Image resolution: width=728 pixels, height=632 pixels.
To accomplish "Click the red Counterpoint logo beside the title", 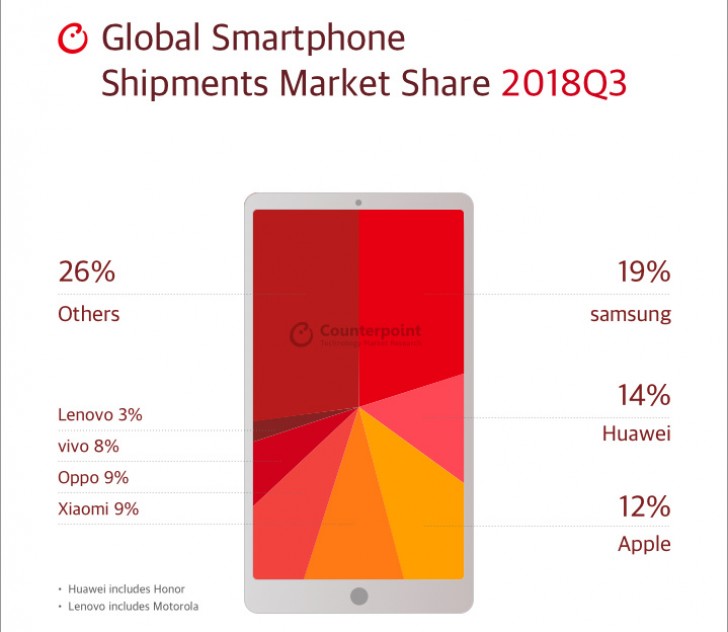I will click(75, 39).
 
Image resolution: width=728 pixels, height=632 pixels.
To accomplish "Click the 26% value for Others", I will click(87, 271).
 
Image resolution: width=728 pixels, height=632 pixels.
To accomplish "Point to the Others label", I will click(88, 314).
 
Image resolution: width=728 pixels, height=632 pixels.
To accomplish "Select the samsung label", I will click(630, 315).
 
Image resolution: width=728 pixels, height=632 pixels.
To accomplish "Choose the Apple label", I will click(643, 544).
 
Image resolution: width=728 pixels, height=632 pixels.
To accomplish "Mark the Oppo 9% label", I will click(93, 478).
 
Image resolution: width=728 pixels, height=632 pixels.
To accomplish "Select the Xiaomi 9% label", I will click(98, 509).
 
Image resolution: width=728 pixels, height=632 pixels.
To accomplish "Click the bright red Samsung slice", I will click(410, 300).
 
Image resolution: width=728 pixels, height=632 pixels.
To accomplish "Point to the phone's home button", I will click(358, 597).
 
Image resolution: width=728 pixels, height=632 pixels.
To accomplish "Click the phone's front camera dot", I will click(358, 203).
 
